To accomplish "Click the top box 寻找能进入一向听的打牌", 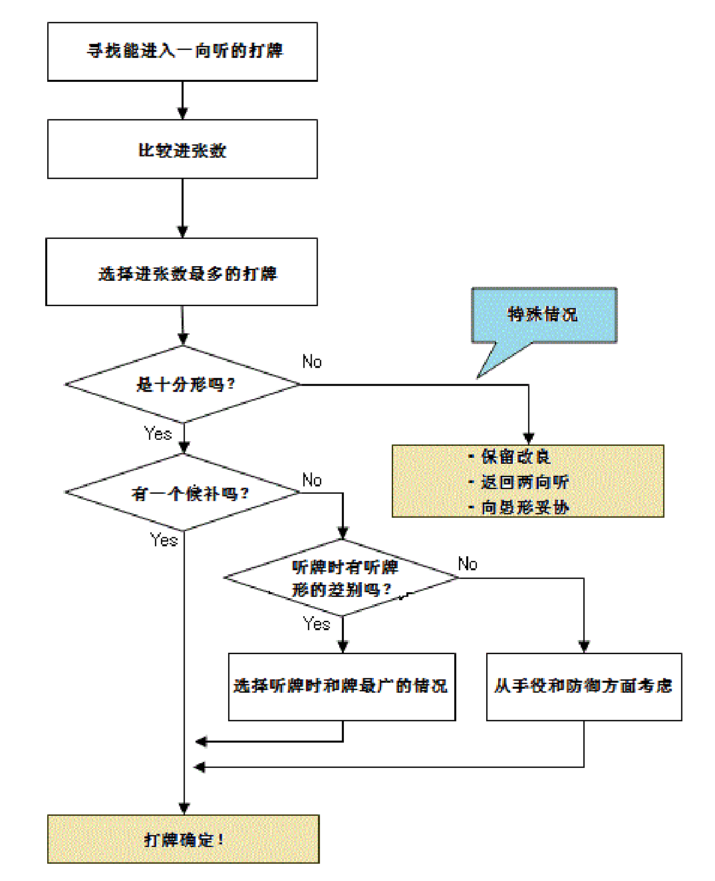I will click(182, 52).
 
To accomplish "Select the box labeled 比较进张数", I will click(182, 150).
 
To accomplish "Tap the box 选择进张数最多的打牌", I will click(182, 273).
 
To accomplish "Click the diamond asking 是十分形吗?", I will click(183, 385).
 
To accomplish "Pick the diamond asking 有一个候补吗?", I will click(183, 493).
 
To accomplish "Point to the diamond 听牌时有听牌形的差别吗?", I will click(342, 578).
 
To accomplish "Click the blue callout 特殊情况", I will click(544, 315).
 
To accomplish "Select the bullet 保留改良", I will click(516, 456).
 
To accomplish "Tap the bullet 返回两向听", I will click(525, 482).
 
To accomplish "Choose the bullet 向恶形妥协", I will click(525, 507).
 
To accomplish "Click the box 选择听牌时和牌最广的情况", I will click(342, 687).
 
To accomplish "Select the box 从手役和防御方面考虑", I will click(584, 687).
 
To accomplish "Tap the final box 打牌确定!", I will click(184, 840).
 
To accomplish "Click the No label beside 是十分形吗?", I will click(312, 362).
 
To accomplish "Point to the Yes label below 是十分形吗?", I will click(158, 434).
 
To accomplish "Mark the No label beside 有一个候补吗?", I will click(312, 480).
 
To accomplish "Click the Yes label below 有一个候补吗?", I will click(164, 540).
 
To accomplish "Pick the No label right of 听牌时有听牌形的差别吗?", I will click(468, 564).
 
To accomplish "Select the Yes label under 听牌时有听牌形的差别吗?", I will click(317, 624).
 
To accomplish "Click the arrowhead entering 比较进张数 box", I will click(182, 114).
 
